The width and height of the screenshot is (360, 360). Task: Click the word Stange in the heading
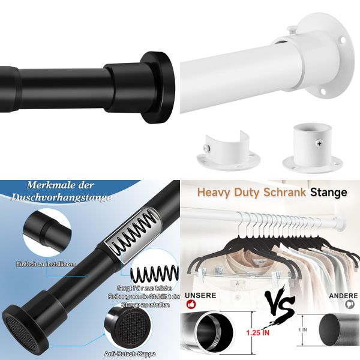[329, 193]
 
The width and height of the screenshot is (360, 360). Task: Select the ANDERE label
[343, 296]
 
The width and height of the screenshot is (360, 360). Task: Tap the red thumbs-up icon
[191, 305]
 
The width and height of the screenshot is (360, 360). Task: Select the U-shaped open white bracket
[223, 153]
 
